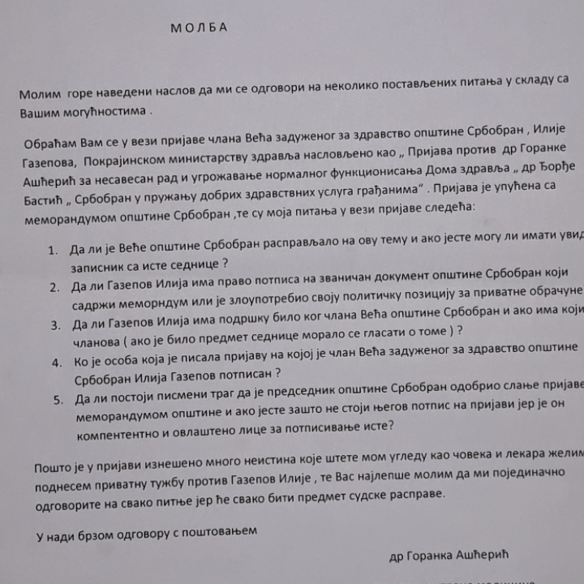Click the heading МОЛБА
click(x=200, y=28)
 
